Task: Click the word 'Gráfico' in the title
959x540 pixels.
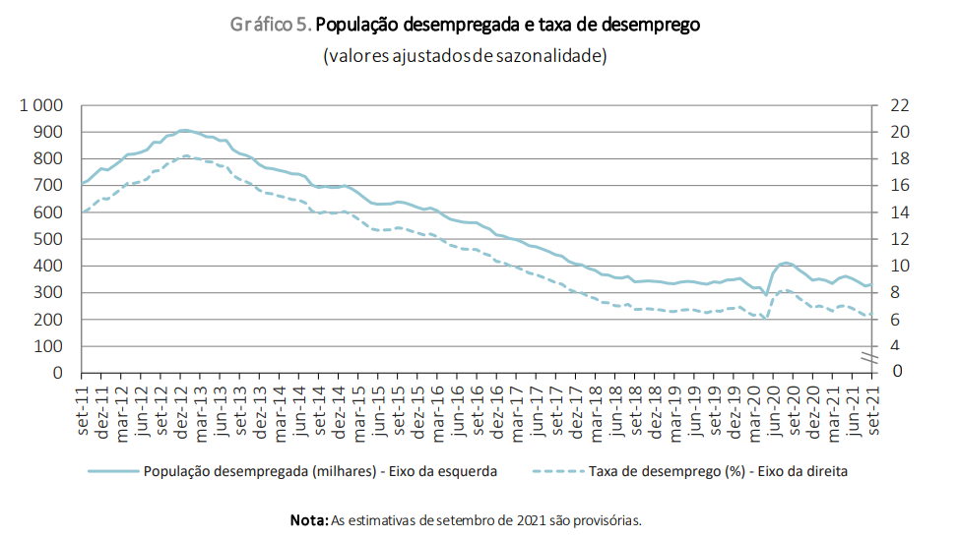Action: tap(259, 26)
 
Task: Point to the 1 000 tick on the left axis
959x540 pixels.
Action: tap(40, 105)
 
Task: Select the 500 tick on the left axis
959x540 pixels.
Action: tap(49, 239)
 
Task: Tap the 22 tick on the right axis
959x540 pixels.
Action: tap(899, 105)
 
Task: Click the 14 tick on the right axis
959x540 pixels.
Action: tap(899, 212)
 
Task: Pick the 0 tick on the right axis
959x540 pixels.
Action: tap(895, 372)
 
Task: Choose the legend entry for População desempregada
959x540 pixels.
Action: tap(320, 471)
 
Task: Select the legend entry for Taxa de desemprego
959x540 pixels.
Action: tap(718, 471)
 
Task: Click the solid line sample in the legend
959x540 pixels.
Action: tap(113, 471)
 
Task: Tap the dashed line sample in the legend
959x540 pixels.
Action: tap(558, 471)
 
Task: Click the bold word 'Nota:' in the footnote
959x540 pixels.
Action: tap(308, 519)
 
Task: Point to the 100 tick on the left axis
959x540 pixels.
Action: tap(49, 346)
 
